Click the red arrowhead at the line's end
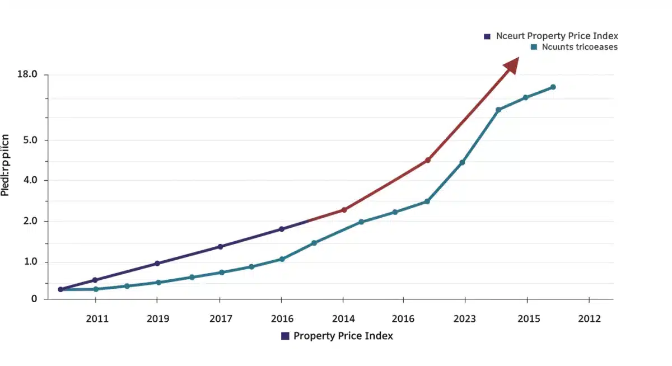tap(512, 65)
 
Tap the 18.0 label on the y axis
tap(27, 74)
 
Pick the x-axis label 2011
tap(97, 319)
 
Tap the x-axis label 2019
tap(158, 319)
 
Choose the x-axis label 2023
tap(464, 319)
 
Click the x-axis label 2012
tap(589, 319)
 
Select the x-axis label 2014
tap(343, 319)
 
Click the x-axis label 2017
tap(221, 319)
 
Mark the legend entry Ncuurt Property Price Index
tap(552, 36)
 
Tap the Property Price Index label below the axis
tap(337, 336)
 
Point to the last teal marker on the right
tap(553, 87)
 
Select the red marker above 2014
tap(344, 210)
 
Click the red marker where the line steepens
tap(428, 160)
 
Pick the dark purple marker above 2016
tap(282, 229)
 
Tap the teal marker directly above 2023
tap(462, 162)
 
